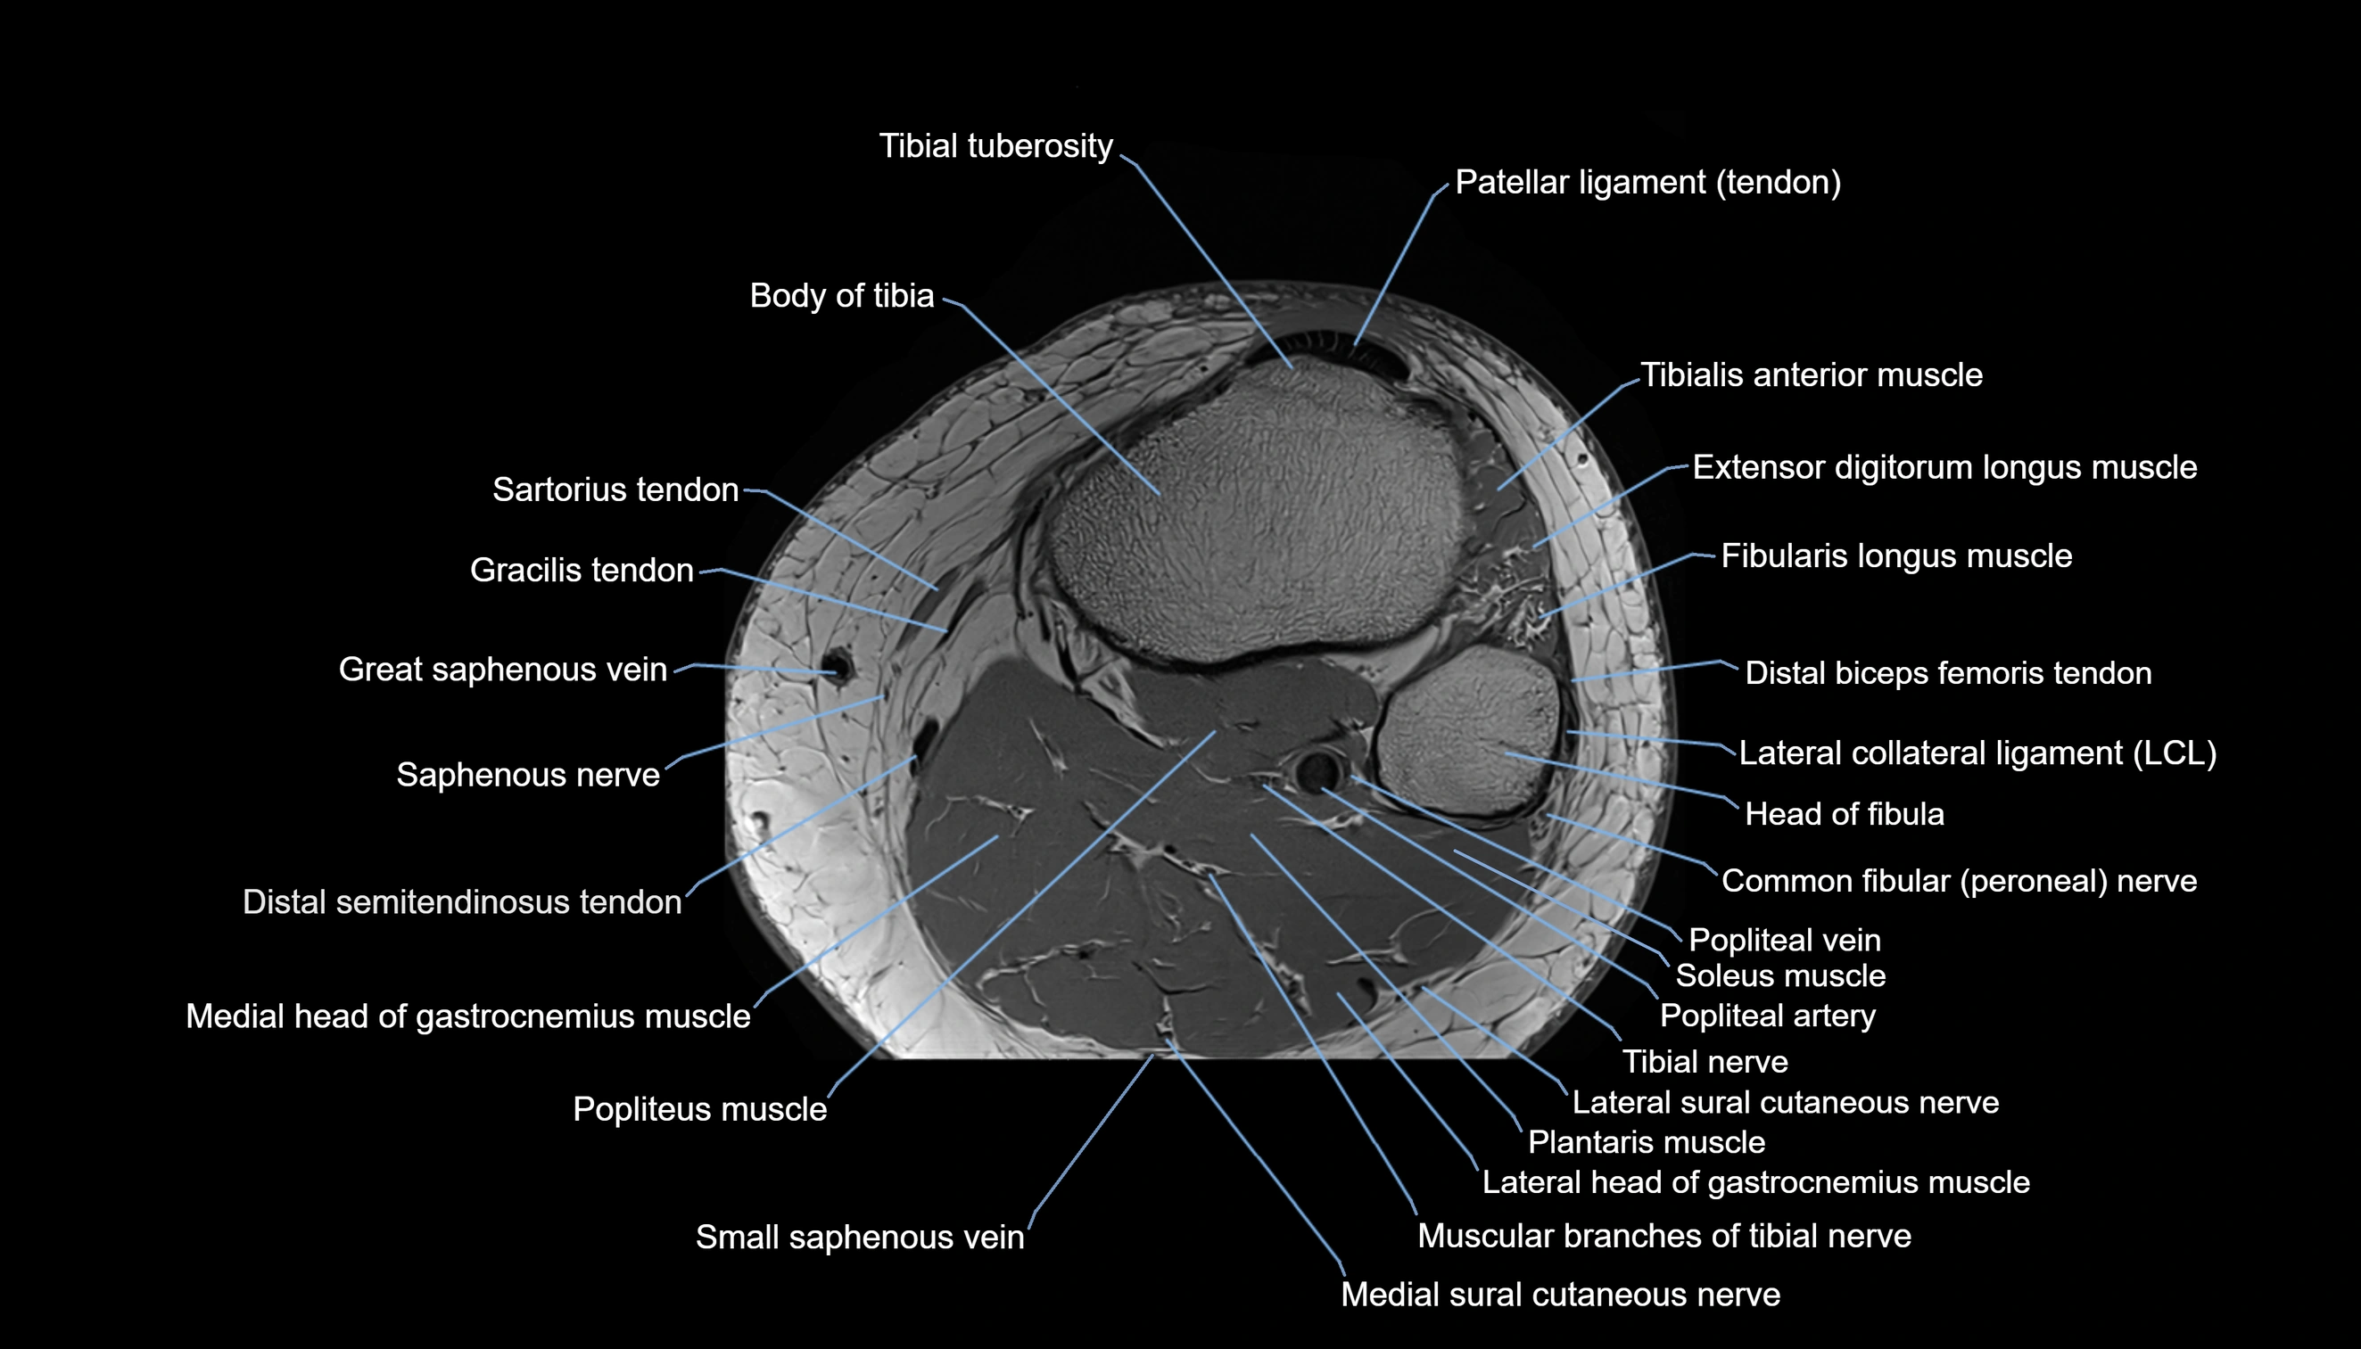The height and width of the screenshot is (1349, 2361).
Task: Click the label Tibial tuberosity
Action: click(x=995, y=146)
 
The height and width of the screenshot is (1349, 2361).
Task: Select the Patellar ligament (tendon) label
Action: click(x=1647, y=183)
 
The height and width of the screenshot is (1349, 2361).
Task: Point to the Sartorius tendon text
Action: click(x=615, y=489)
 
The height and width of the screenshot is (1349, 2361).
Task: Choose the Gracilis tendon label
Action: click(x=582, y=570)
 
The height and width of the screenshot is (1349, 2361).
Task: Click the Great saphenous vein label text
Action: click(x=502, y=669)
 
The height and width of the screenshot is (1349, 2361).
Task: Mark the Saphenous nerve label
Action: click(x=528, y=775)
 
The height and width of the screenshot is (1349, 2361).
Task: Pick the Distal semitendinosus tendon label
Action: click(x=461, y=901)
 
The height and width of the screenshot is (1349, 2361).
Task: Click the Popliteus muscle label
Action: click(x=699, y=1109)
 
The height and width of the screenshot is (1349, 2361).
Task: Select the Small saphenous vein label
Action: click(x=860, y=1237)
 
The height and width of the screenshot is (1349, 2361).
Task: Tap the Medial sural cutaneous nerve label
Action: click(x=1560, y=1295)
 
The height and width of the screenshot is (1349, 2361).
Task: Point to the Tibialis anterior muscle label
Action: click(x=1812, y=375)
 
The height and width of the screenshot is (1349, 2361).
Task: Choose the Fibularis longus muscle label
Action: click(x=1895, y=555)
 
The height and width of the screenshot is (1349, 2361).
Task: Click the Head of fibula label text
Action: click(x=1844, y=814)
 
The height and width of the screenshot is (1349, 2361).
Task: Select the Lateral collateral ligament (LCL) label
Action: click(x=1977, y=753)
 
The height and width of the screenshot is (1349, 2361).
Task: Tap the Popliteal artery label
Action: click(x=1767, y=1016)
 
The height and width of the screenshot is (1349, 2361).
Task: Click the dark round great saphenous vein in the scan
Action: click(x=838, y=667)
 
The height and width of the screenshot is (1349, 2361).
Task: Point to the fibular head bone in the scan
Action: click(x=1470, y=732)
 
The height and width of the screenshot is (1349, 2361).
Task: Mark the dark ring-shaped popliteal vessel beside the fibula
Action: click(x=1316, y=770)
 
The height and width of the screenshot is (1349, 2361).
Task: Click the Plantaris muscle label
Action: click(x=1646, y=1142)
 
